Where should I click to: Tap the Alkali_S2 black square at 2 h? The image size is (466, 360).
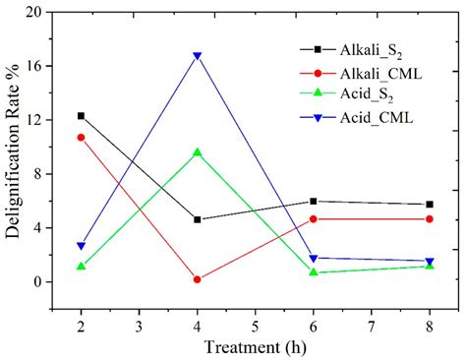[x=81, y=116]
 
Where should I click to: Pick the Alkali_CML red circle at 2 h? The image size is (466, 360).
[x=81, y=138]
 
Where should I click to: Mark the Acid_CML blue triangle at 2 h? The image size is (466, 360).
[x=81, y=246]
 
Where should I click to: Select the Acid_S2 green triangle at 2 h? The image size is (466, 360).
[x=81, y=267]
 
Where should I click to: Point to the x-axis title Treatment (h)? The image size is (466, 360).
[x=254, y=346]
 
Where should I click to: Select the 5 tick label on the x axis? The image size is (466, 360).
[x=255, y=322]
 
